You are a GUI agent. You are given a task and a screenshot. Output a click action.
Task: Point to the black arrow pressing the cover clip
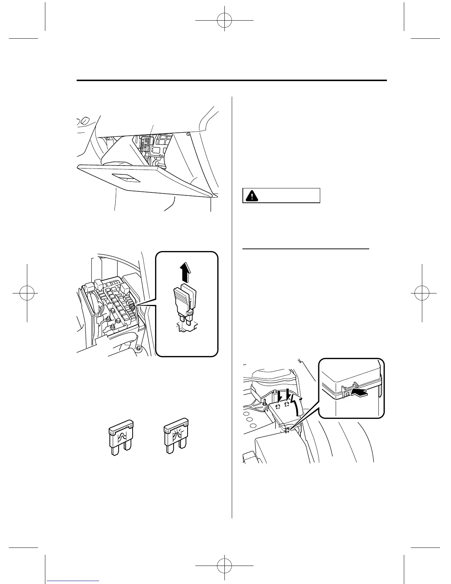360,393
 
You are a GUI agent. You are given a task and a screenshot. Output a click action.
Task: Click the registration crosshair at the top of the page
224,21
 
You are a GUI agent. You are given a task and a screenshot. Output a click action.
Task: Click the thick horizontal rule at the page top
232,80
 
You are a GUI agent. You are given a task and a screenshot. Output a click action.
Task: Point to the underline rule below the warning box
306,249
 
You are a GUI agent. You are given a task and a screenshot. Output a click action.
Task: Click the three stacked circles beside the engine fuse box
249,420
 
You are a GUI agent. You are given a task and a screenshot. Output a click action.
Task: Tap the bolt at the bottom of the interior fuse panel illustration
138,348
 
